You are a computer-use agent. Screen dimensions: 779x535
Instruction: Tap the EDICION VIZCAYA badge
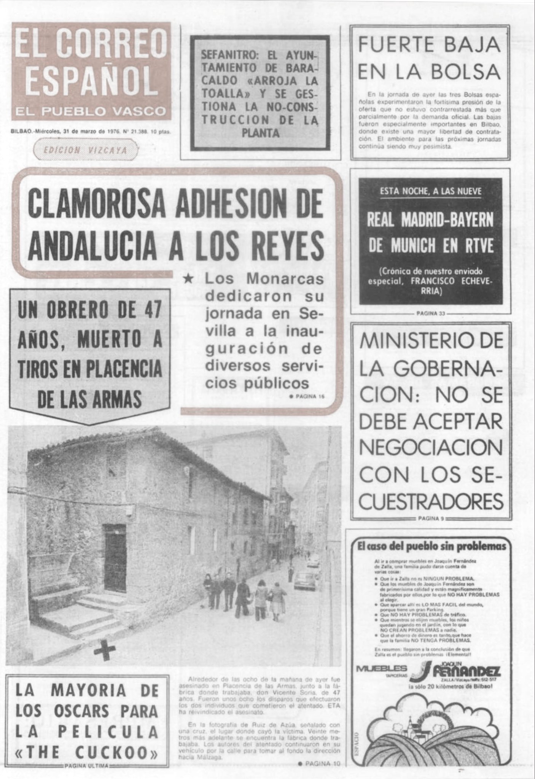pos(86,150)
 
